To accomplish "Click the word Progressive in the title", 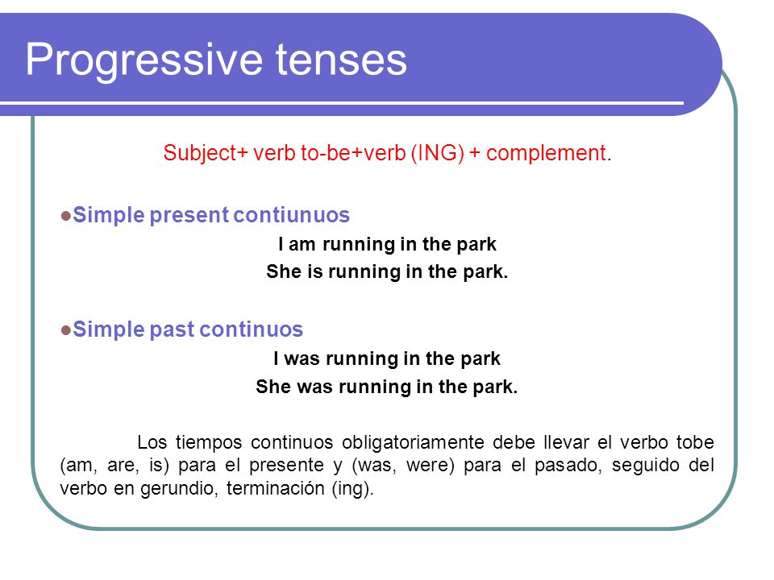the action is point(144,60).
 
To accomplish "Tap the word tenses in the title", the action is point(341,60).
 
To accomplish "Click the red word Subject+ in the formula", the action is point(205,153).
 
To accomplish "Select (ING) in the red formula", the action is point(437,153).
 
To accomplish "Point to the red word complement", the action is point(546,153).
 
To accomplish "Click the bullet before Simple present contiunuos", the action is point(65,216).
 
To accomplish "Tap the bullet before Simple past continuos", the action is point(65,329).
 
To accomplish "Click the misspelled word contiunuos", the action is point(291,215).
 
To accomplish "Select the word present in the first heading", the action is point(189,216).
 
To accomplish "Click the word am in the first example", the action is point(302,245).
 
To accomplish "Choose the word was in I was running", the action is point(302,359).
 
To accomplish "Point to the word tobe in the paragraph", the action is point(695,442).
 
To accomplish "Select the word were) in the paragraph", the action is point(430,465).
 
